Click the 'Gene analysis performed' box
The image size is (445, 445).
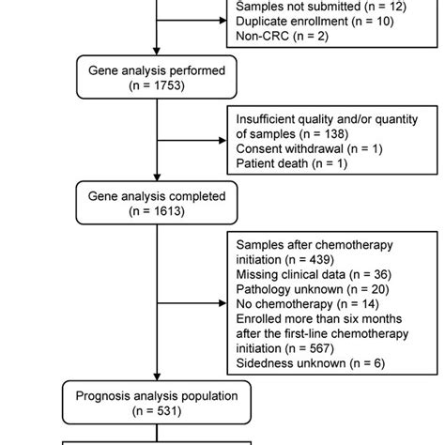[x=156, y=77]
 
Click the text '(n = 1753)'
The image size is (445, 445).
[x=156, y=85]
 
